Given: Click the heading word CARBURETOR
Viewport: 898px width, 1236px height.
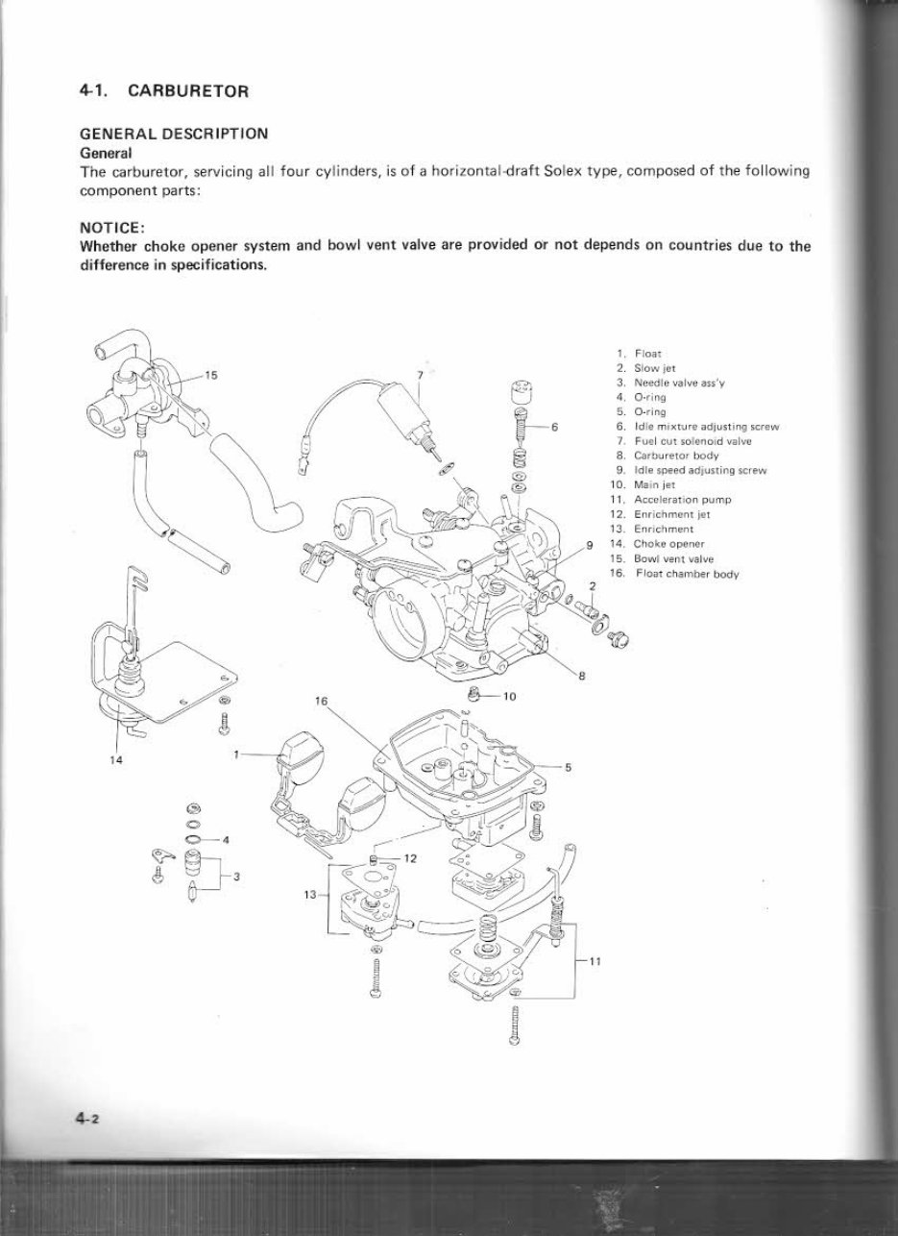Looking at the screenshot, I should tap(188, 92).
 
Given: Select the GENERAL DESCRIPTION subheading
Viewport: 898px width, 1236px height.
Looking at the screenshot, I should tap(174, 135).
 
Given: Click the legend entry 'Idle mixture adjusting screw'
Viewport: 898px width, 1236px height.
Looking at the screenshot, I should tap(705, 426).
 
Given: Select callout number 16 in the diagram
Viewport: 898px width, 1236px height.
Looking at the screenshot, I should tap(322, 703).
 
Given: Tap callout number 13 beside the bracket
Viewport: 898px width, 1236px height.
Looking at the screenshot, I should tap(309, 894).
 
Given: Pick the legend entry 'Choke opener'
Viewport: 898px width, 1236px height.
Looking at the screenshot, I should tap(668, 544).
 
